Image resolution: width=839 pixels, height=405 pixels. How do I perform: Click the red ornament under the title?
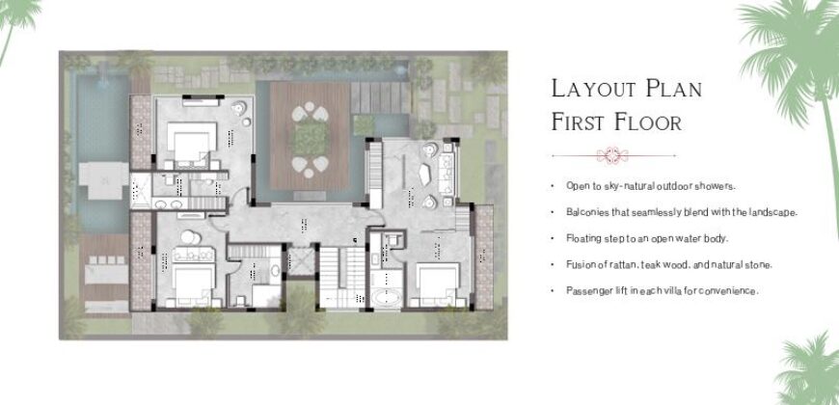click(x=612, y=155)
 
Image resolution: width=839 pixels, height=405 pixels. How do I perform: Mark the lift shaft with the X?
click(x=300, y=261)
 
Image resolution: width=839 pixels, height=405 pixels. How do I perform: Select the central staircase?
click(x=341, y=277)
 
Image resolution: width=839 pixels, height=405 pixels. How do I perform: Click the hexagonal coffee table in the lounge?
click(x=425, y=175)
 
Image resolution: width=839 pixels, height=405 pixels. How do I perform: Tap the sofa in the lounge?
click(x=447, y=174)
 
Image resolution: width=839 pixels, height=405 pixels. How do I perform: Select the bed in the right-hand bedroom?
click(x=438, y=283)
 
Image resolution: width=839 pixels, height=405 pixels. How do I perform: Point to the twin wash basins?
click(x=170, y=203)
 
